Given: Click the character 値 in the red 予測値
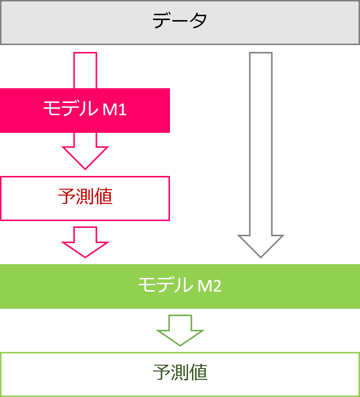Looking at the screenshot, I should [103, 197].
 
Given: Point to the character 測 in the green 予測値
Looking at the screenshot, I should [180, 373].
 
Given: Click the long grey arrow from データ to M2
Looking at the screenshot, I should [261, 147].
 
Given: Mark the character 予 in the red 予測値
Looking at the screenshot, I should [66, 197].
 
